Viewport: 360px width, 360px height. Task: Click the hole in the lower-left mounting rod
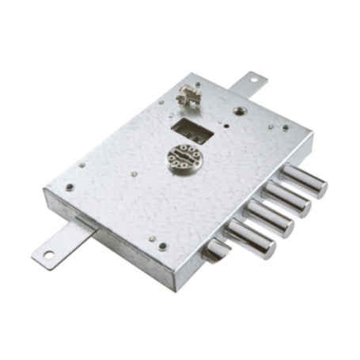click(x=47, y=255)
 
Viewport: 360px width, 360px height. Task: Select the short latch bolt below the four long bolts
click(x=214, y=251)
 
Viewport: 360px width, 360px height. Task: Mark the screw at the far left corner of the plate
click(x=69, y=188)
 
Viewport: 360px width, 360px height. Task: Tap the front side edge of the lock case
click(x=111, y=241)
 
